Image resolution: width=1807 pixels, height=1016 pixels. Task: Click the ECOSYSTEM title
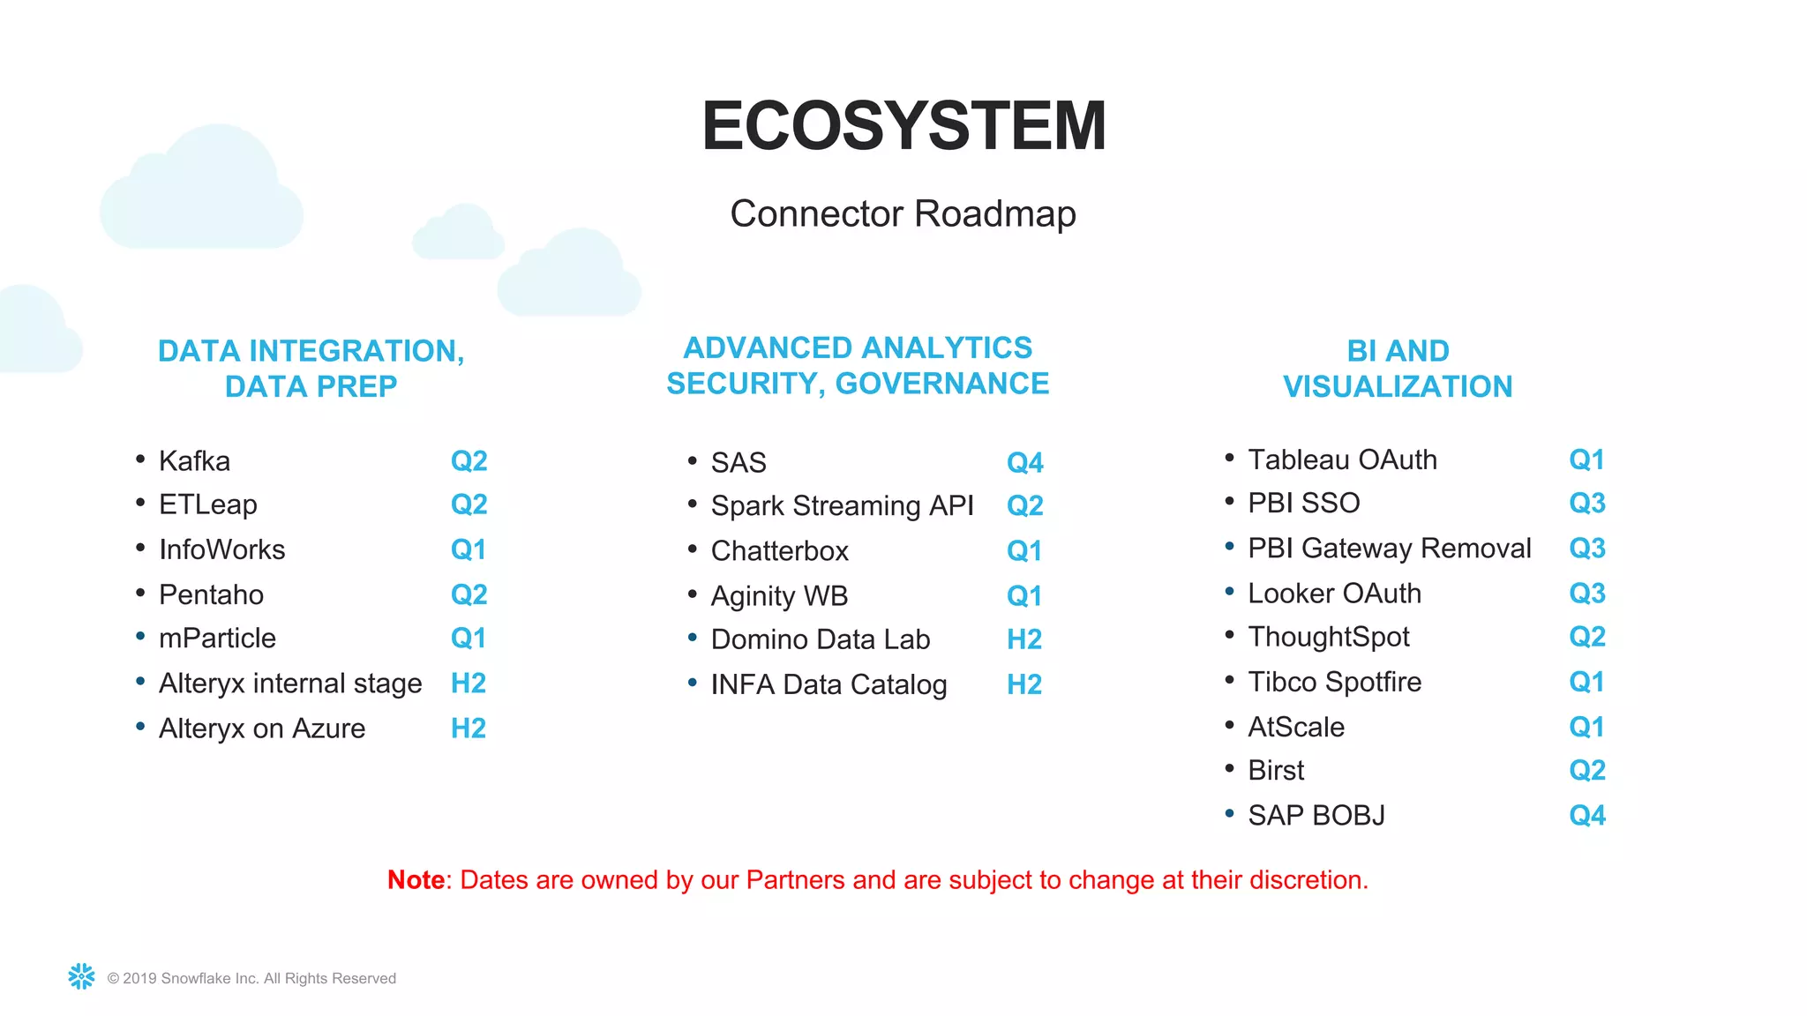(903, 126)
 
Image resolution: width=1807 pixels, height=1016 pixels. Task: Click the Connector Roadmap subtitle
(903, 214)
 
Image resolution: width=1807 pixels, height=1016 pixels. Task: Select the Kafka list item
(194, 461)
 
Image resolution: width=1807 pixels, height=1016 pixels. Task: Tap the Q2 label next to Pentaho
(469, 595)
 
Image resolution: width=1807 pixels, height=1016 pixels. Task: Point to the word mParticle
(217, 639)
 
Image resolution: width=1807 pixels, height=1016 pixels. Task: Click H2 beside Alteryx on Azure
(469, 728)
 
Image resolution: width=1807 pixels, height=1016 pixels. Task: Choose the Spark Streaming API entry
(842, 506)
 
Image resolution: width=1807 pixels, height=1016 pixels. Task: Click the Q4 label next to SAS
(1024, 463)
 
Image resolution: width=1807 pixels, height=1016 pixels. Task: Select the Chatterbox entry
(779, 551)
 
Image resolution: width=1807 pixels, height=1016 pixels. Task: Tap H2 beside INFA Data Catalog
(1024, 684)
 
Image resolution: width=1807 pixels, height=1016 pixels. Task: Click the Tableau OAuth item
(1342, 460)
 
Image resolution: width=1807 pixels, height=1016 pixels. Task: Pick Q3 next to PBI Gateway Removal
(1586, 549)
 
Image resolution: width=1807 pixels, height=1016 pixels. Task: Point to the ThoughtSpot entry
(1328, 637)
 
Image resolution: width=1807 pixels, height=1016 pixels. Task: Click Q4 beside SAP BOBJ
(1586, 816)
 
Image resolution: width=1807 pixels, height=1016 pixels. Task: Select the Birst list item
(1276, 771)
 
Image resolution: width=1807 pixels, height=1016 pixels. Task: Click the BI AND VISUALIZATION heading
(1398, 369)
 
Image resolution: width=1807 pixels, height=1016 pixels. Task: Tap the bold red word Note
(416, 880)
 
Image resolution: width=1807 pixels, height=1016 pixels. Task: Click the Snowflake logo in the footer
(81, 976)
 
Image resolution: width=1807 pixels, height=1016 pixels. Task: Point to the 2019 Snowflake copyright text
(251, 978)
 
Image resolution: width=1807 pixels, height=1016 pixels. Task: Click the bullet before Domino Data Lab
(693, 637)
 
